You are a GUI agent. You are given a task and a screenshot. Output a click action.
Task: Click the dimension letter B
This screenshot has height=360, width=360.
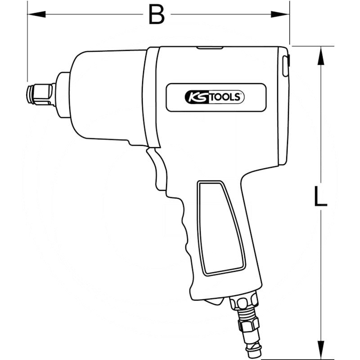[157, 15]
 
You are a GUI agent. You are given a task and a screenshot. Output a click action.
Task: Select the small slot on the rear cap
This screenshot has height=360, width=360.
[285, 66]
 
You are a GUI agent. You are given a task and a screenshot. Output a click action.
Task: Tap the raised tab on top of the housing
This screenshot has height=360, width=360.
[210, 47]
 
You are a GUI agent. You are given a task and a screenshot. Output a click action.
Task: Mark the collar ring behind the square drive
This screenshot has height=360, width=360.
[63, 95]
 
